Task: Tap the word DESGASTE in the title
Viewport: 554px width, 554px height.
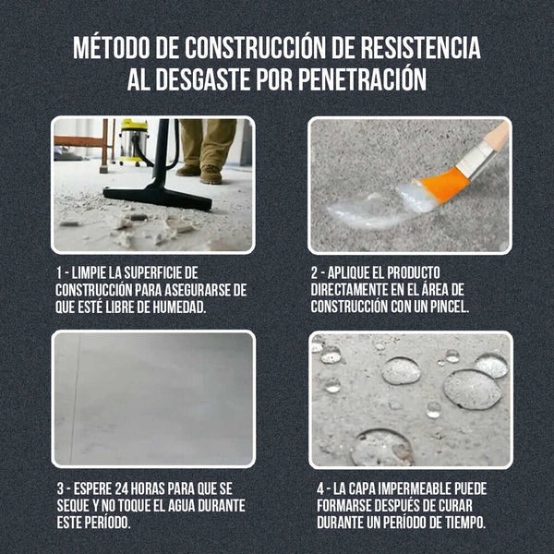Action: click(x=218, y=79)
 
